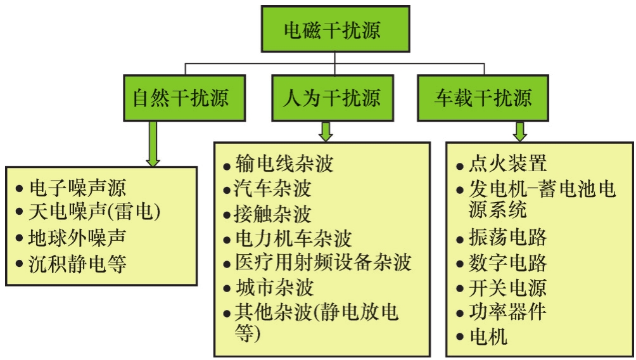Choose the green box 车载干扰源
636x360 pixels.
point(483,98)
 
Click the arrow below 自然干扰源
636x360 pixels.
point(153,144)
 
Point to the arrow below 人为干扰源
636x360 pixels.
point(326,131)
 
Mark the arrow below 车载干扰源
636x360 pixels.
point(520,131)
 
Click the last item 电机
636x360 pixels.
point(488,337)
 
